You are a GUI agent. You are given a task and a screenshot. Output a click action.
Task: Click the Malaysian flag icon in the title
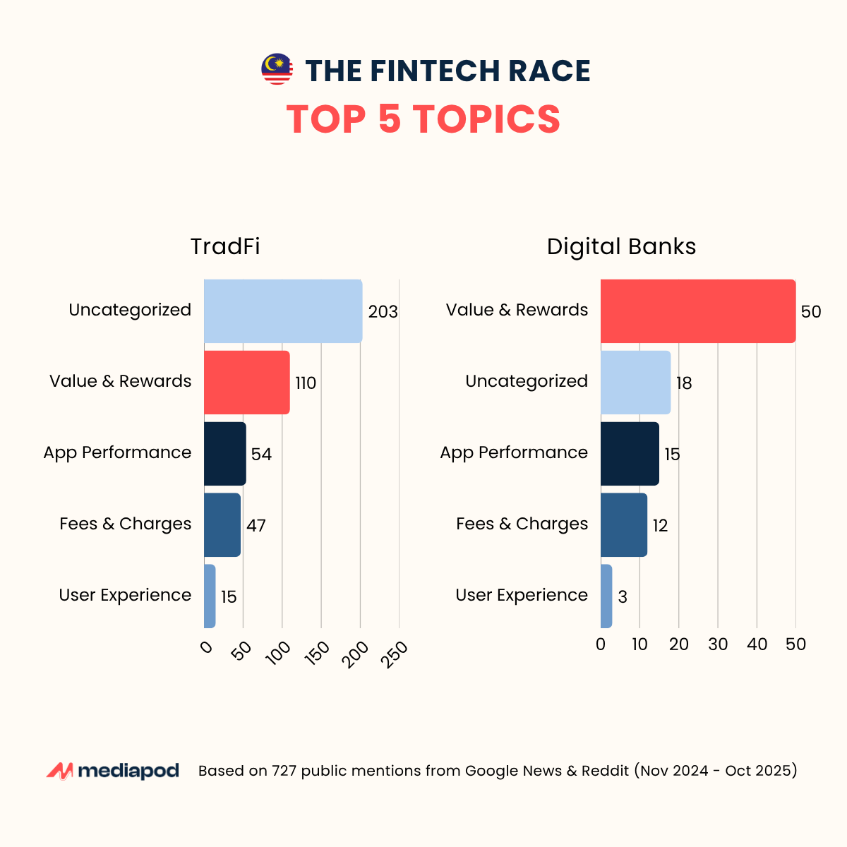[x=277, y=69]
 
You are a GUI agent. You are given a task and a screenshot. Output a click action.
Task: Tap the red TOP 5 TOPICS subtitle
[x=423, y=119]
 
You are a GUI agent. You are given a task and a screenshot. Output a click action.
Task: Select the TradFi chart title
[x=225, y=246]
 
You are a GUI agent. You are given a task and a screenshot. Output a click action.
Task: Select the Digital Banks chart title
[x=621, y=246]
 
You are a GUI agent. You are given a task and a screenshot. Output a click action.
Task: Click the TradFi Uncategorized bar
[x=283, y=311]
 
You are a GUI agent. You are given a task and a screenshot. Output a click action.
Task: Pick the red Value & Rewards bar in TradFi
[x=247, y=383]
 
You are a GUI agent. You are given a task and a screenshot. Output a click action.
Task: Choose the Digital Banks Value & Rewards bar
[x=698, y=311]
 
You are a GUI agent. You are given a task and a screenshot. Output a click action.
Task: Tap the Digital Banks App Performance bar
[x=630, y=454]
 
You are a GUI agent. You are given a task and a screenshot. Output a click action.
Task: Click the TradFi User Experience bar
[x=210, y=596]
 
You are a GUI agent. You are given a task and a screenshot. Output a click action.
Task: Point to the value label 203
[x=383, y=312]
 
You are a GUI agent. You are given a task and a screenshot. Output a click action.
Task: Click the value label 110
[x=306, y=383]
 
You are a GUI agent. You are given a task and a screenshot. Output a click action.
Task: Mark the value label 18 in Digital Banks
[x=684, y=383]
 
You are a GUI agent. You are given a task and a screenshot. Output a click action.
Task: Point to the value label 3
[x=623, y=597]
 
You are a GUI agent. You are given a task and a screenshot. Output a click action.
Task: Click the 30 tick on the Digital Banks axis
[x=718, y=644]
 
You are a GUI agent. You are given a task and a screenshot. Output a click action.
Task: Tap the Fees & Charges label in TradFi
[x=126, y=524]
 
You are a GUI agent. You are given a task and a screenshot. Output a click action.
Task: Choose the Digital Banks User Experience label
[x=522, y=595]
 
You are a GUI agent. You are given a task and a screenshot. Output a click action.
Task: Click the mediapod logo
[x=113, y=771]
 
